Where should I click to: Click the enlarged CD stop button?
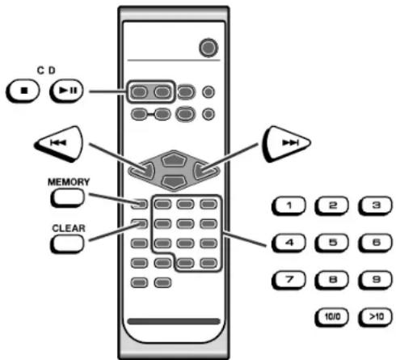point(23,91)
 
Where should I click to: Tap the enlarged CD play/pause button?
point(66,91)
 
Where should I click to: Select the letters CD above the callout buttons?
point(46,70)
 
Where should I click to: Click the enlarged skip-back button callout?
point(59,143)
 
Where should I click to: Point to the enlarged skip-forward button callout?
point(287,143)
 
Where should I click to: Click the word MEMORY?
point(69,182)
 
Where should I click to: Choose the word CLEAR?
point(69,228)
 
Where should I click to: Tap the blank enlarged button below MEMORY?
point(67,197)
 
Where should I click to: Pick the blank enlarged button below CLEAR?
point(67,244)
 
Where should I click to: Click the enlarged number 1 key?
point(289,206)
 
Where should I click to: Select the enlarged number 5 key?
point(332,243)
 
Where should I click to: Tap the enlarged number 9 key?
point(375,280)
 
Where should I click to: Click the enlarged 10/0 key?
point(332,317)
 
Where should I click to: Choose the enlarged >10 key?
point(375,317)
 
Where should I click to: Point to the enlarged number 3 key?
point(375,206)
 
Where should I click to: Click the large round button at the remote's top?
point(209,48)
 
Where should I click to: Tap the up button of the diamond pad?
point(174,159)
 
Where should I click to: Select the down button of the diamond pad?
point(174,181)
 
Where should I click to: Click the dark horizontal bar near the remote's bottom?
point(174,321)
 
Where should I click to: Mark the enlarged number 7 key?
point(289,280)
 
